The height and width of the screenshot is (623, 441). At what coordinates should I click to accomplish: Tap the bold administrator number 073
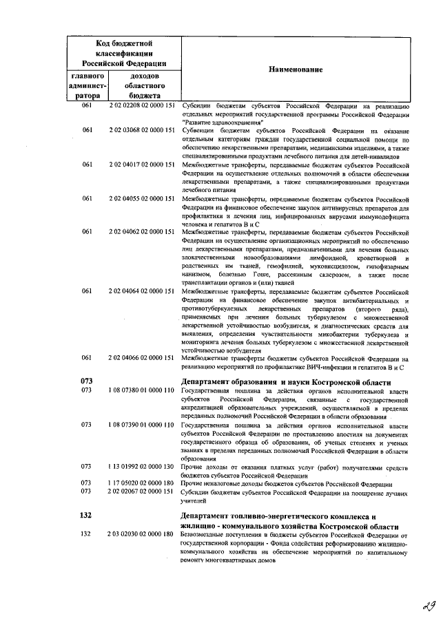87,381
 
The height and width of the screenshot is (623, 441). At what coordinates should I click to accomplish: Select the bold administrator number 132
87,516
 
